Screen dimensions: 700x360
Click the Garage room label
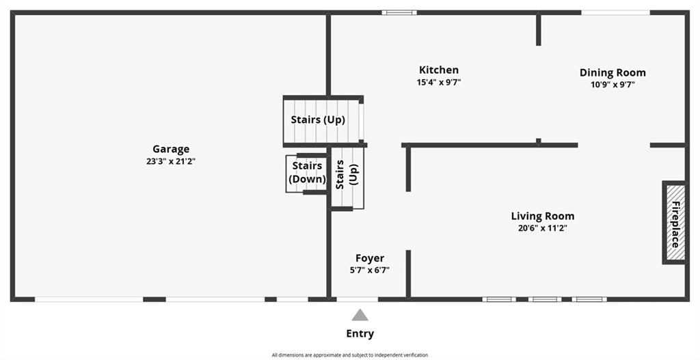[171, 150]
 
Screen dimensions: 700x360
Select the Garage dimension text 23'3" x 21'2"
[171, 161]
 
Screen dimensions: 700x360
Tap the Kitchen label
[439, 70]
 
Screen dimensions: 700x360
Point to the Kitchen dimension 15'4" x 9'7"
[439, 82]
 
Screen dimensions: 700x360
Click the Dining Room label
[612, 72]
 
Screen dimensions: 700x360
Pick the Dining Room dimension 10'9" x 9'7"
[612, 85]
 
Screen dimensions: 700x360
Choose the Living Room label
[543, 217]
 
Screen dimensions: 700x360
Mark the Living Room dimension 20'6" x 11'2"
[543, 228]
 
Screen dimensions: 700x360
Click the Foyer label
[370, 258]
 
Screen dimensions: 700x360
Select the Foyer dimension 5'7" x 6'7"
[370, 270]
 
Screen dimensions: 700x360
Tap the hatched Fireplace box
[675, 223]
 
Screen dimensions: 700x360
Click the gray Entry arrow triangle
[360, 316]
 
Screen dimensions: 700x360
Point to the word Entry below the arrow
[360, 333]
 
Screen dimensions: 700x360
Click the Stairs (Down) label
[307, 172]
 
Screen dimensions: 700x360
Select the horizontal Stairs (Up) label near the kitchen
[319, 120]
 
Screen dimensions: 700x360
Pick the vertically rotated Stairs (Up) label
[347, 175]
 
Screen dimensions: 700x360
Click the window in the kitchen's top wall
[399, 12]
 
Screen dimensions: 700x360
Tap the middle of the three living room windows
[545, 299]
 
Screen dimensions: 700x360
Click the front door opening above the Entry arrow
[357, 299]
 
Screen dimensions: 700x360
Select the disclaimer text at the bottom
[350, 355]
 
